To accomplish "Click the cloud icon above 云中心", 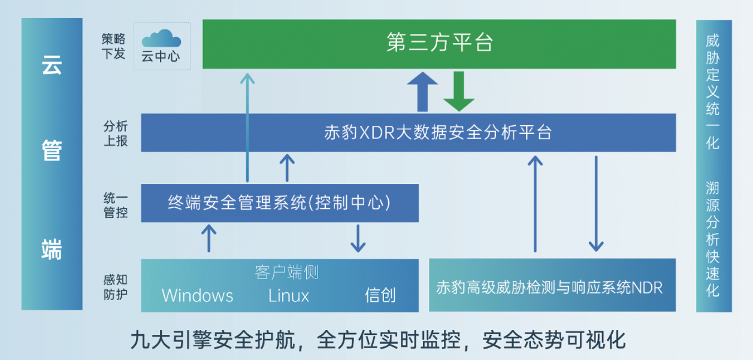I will [161, 39].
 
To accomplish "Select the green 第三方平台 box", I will [439, 44].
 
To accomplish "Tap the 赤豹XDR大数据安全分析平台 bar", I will [438, 132].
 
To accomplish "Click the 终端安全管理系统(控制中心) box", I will [280, 203].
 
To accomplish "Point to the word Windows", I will [197, 295].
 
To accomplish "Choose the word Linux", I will [289, 295].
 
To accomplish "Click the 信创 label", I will [380, 295].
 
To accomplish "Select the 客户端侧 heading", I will [286, 273].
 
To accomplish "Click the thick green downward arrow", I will [459, 91].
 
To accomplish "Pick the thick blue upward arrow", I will [423, 91].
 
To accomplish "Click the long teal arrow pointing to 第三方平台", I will [247, 126].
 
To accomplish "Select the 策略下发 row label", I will [114, 46].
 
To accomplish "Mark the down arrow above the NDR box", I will [595, 204].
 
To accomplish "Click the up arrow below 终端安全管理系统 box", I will [208, 238].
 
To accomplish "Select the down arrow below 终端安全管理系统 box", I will [358, 238].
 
